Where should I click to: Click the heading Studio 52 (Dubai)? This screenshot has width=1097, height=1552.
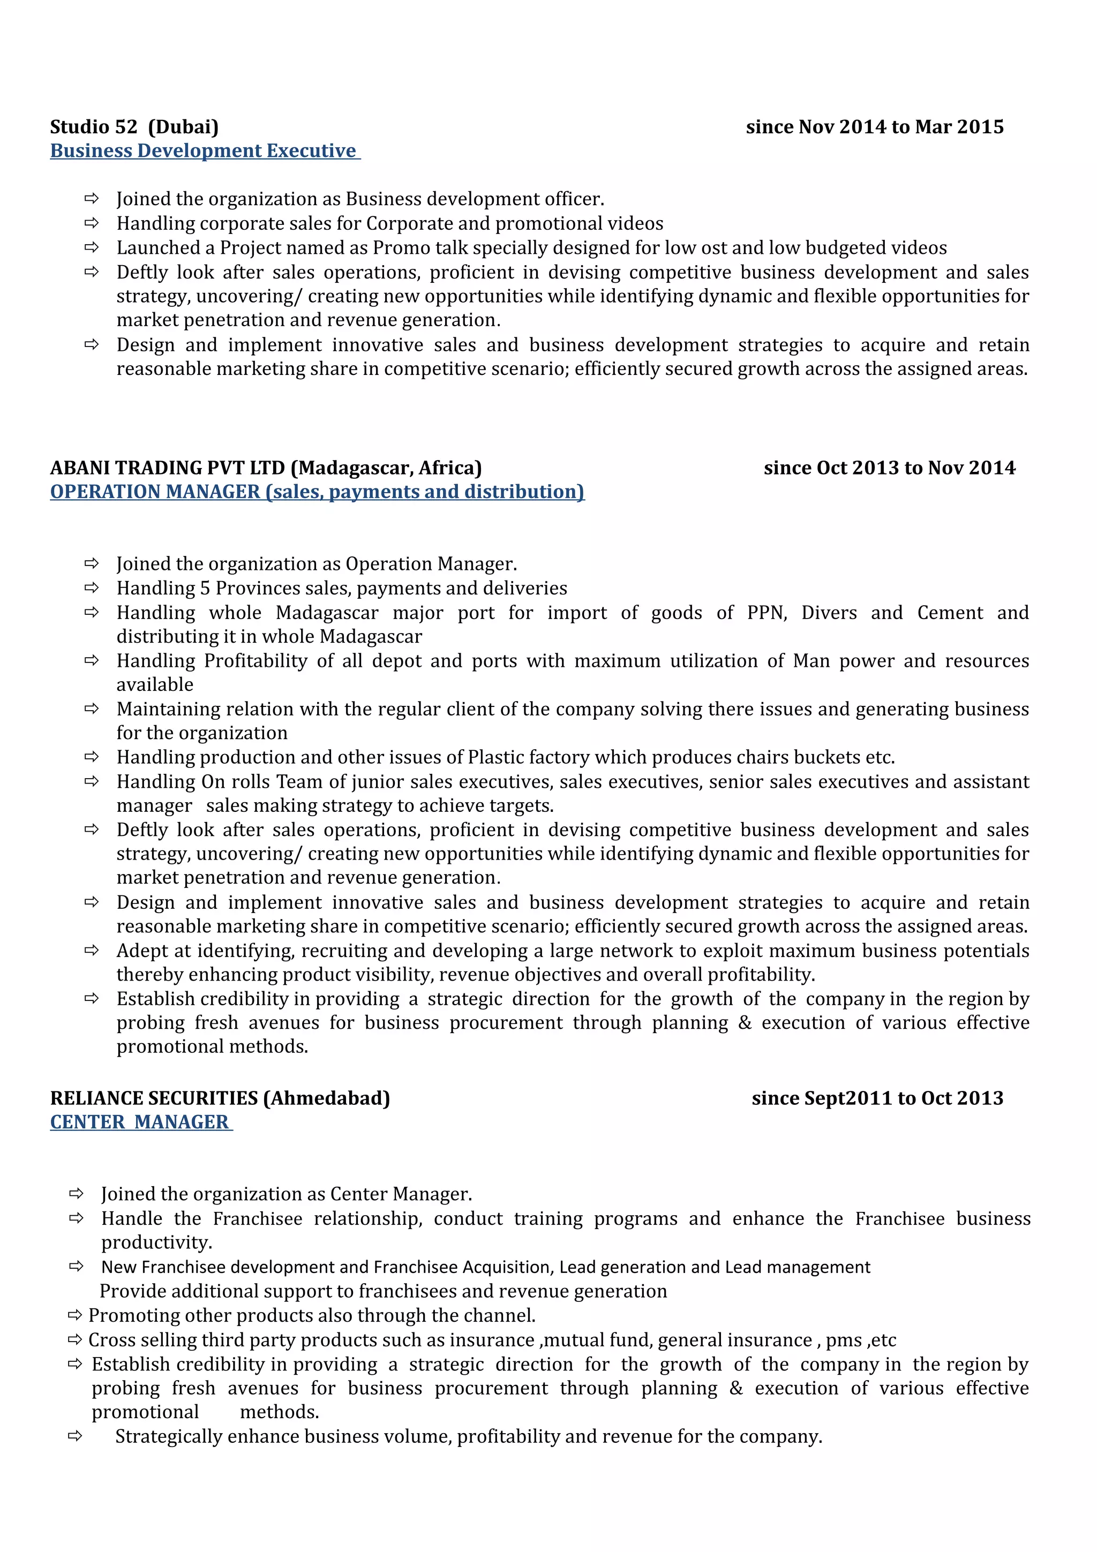pos(134,127)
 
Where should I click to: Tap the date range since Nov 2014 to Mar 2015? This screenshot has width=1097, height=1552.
pos(874,127)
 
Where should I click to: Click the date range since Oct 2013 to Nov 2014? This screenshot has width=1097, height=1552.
pos(889,468)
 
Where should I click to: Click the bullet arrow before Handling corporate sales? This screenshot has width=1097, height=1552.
pos(91,223)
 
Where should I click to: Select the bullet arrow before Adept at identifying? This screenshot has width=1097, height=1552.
pos(91,951)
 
